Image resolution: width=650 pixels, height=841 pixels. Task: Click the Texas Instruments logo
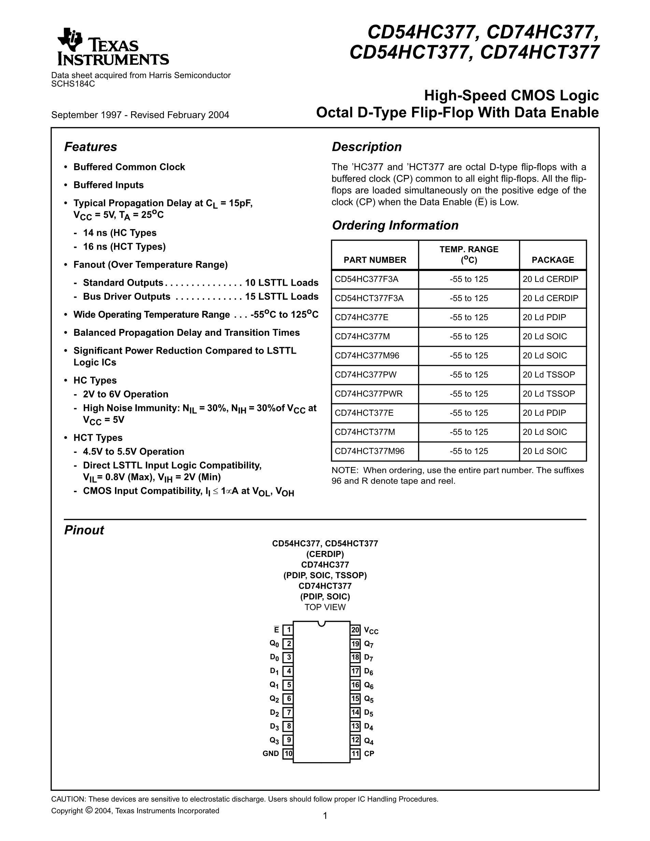[x=112, y=47]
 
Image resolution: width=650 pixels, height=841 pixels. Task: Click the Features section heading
[x=90, y=147]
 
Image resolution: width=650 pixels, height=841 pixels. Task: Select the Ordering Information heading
[x=395, y=225]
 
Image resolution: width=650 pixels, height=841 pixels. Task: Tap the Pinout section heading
[x=84, y=530]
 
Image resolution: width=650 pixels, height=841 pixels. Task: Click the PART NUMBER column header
[x=375, y=260]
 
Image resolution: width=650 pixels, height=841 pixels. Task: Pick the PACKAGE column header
[x=553, y=260]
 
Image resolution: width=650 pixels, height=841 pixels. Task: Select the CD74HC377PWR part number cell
[x=368, y=394]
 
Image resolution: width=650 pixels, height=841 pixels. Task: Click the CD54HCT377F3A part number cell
[x=369, y=298]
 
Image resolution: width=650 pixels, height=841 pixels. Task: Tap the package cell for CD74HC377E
[x=544, y=317]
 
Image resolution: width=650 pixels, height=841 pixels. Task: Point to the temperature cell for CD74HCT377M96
[x=469, y=451]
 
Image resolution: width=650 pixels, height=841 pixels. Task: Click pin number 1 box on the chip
[x=288, y=630]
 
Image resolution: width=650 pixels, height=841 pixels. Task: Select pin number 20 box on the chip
[x=355, y=630]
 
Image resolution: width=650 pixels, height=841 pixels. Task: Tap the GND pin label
[x=271, y=754]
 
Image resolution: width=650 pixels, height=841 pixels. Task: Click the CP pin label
[x=369, y=754]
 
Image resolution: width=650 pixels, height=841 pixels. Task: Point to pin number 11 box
[x=355, y=754]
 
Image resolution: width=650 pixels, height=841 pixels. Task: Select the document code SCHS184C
[x=73, y=84]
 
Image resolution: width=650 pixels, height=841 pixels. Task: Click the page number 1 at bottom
[x=325, y=816]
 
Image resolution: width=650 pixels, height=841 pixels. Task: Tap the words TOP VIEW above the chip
[x=325, y=607]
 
